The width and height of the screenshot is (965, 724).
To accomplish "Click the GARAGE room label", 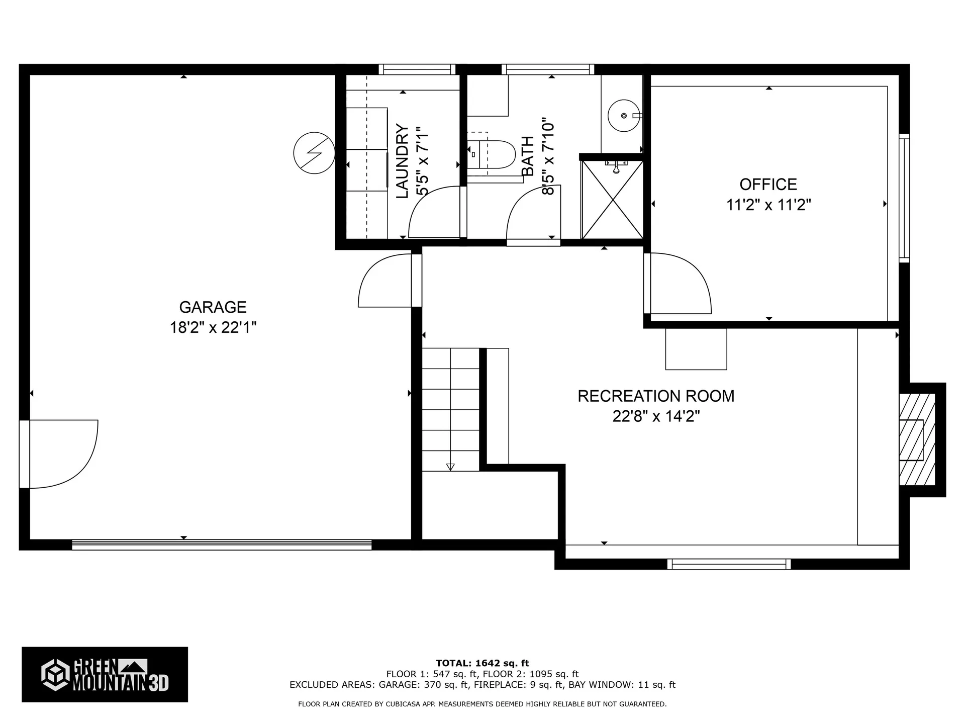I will pyautogui.click(x=213, y=307).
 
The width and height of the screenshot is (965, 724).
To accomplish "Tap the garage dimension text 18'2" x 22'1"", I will pyautogui.click(x=213, y=328).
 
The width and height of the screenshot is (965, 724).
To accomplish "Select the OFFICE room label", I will pyautogui.click(x=768, y=185).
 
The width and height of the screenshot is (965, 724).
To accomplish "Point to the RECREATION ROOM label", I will pyautogui.click(x=656, y=396).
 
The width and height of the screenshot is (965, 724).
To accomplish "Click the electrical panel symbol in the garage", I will pyautogui.click(x=314, y=153).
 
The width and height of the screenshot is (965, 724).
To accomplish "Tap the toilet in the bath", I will pyautogui.click(x=495, y=154).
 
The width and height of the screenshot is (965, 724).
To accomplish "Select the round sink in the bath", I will pyautogui.click(x=624, y=116).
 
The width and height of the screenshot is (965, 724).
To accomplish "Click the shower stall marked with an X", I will pyautogui.click(x=612, y=200).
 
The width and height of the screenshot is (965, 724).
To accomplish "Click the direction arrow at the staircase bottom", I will pyautogui.click(x=450, y=467).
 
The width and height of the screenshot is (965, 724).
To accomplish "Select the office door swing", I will pyautogui.click(x=679, y=284).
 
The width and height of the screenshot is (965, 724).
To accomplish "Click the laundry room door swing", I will pyautogui.click(x=433, y=214).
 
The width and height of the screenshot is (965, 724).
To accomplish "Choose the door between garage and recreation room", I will pyautogui.click(x=384, y=282).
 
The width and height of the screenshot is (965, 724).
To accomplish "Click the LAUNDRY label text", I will pyautogui.click(x=402, y=161).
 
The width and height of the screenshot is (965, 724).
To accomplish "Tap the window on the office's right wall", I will pyautogui.click(x=904, y=198).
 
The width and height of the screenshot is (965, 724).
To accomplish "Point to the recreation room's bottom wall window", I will pyautogui.click(x=729, y=564).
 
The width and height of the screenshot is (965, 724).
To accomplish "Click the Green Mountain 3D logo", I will pyautogui.click(x=105, y=674).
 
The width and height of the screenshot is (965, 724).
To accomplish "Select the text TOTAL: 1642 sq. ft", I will pyautogui.click(x=482, y=663).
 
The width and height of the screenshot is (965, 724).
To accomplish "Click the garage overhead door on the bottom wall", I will pyautogui.click(x=222, y=545).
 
